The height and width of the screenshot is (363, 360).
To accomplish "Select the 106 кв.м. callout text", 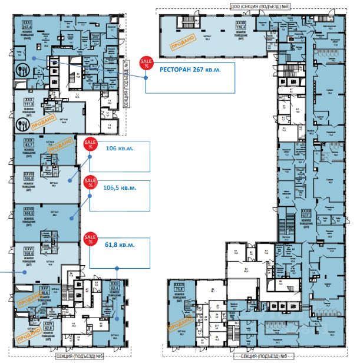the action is click(119, 148).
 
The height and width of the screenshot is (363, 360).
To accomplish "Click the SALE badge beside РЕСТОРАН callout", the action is click(144, 63).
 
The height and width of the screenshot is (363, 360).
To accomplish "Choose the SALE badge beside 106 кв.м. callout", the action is click(91, 144).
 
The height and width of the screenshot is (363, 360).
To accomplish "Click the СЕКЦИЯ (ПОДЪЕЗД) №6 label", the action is click(74, 356).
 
